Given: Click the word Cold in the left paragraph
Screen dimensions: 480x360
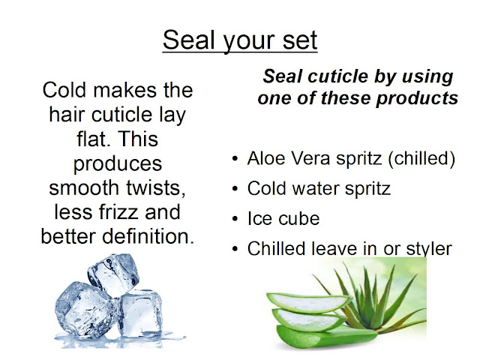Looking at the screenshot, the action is (64, 90).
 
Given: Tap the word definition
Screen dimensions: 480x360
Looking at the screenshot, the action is (148, 236).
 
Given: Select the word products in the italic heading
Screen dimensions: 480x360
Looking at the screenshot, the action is (417, 98).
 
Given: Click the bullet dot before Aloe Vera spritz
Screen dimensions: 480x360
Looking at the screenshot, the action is (235, 159).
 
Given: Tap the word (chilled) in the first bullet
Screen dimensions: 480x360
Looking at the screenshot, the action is (421, 158).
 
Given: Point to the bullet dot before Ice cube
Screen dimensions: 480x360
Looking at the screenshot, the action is (235, 219).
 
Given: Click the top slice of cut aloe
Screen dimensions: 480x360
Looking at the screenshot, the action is (308, 301).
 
